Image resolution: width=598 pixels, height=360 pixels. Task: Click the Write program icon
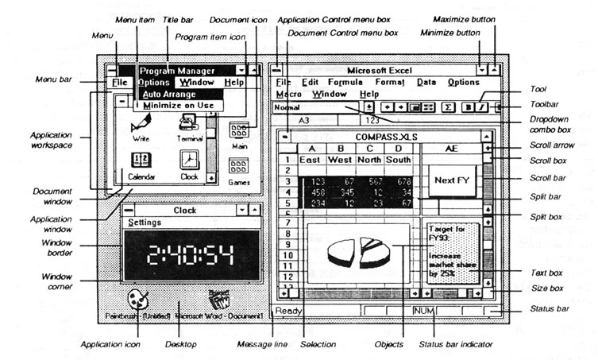click(141, 122)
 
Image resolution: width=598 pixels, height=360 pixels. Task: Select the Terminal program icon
click(188, 122)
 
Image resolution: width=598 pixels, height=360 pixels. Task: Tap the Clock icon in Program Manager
click(189, 161)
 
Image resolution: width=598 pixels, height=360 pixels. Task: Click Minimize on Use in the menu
click(178, 105)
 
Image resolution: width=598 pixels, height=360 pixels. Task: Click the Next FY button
click(450, 180)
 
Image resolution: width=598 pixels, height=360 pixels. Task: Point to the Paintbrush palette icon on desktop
click(138, 300)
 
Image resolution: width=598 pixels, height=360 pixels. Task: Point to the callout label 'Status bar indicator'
click(453, 344)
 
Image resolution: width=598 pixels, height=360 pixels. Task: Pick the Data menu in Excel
click(426, 82)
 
